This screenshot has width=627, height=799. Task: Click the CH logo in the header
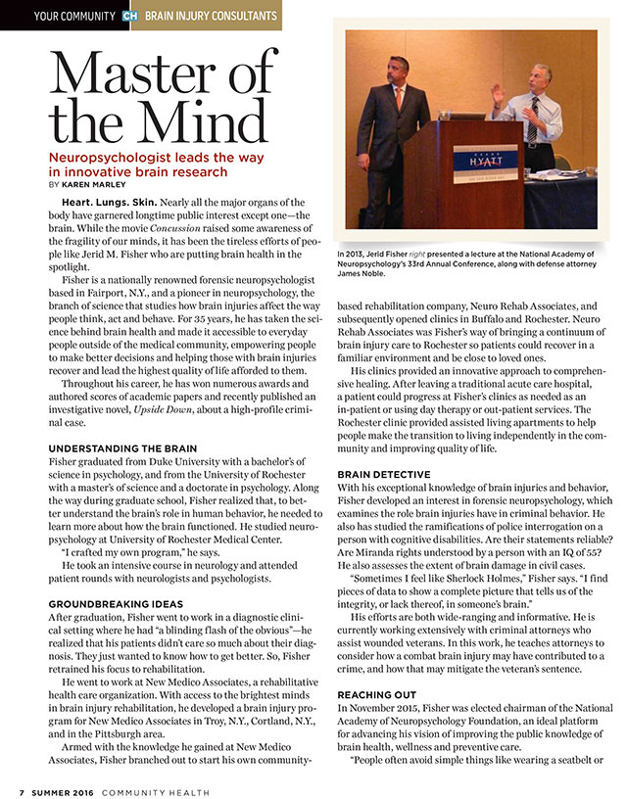point(129,16)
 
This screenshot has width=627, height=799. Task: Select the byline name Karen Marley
point(94,183)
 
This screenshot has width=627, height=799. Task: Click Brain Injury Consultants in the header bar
point(209,16)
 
